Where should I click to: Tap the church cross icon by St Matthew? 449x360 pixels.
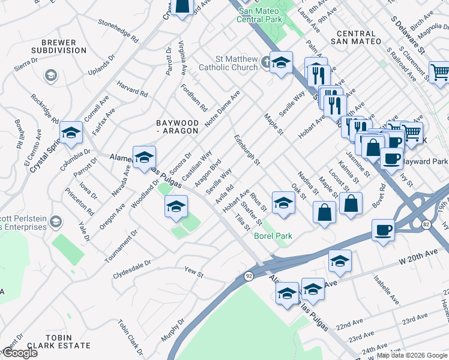tap(265, 62)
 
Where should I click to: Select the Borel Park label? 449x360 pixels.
tap(273, 236)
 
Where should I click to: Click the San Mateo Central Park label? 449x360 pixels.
tap(260, 15)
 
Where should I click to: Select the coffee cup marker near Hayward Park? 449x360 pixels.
tap(391, 158)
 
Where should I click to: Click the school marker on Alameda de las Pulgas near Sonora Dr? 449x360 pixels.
tap(144, 158)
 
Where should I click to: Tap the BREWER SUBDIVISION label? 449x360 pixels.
tap(59, 47)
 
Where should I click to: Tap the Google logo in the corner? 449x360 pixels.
tap(19, 353)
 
